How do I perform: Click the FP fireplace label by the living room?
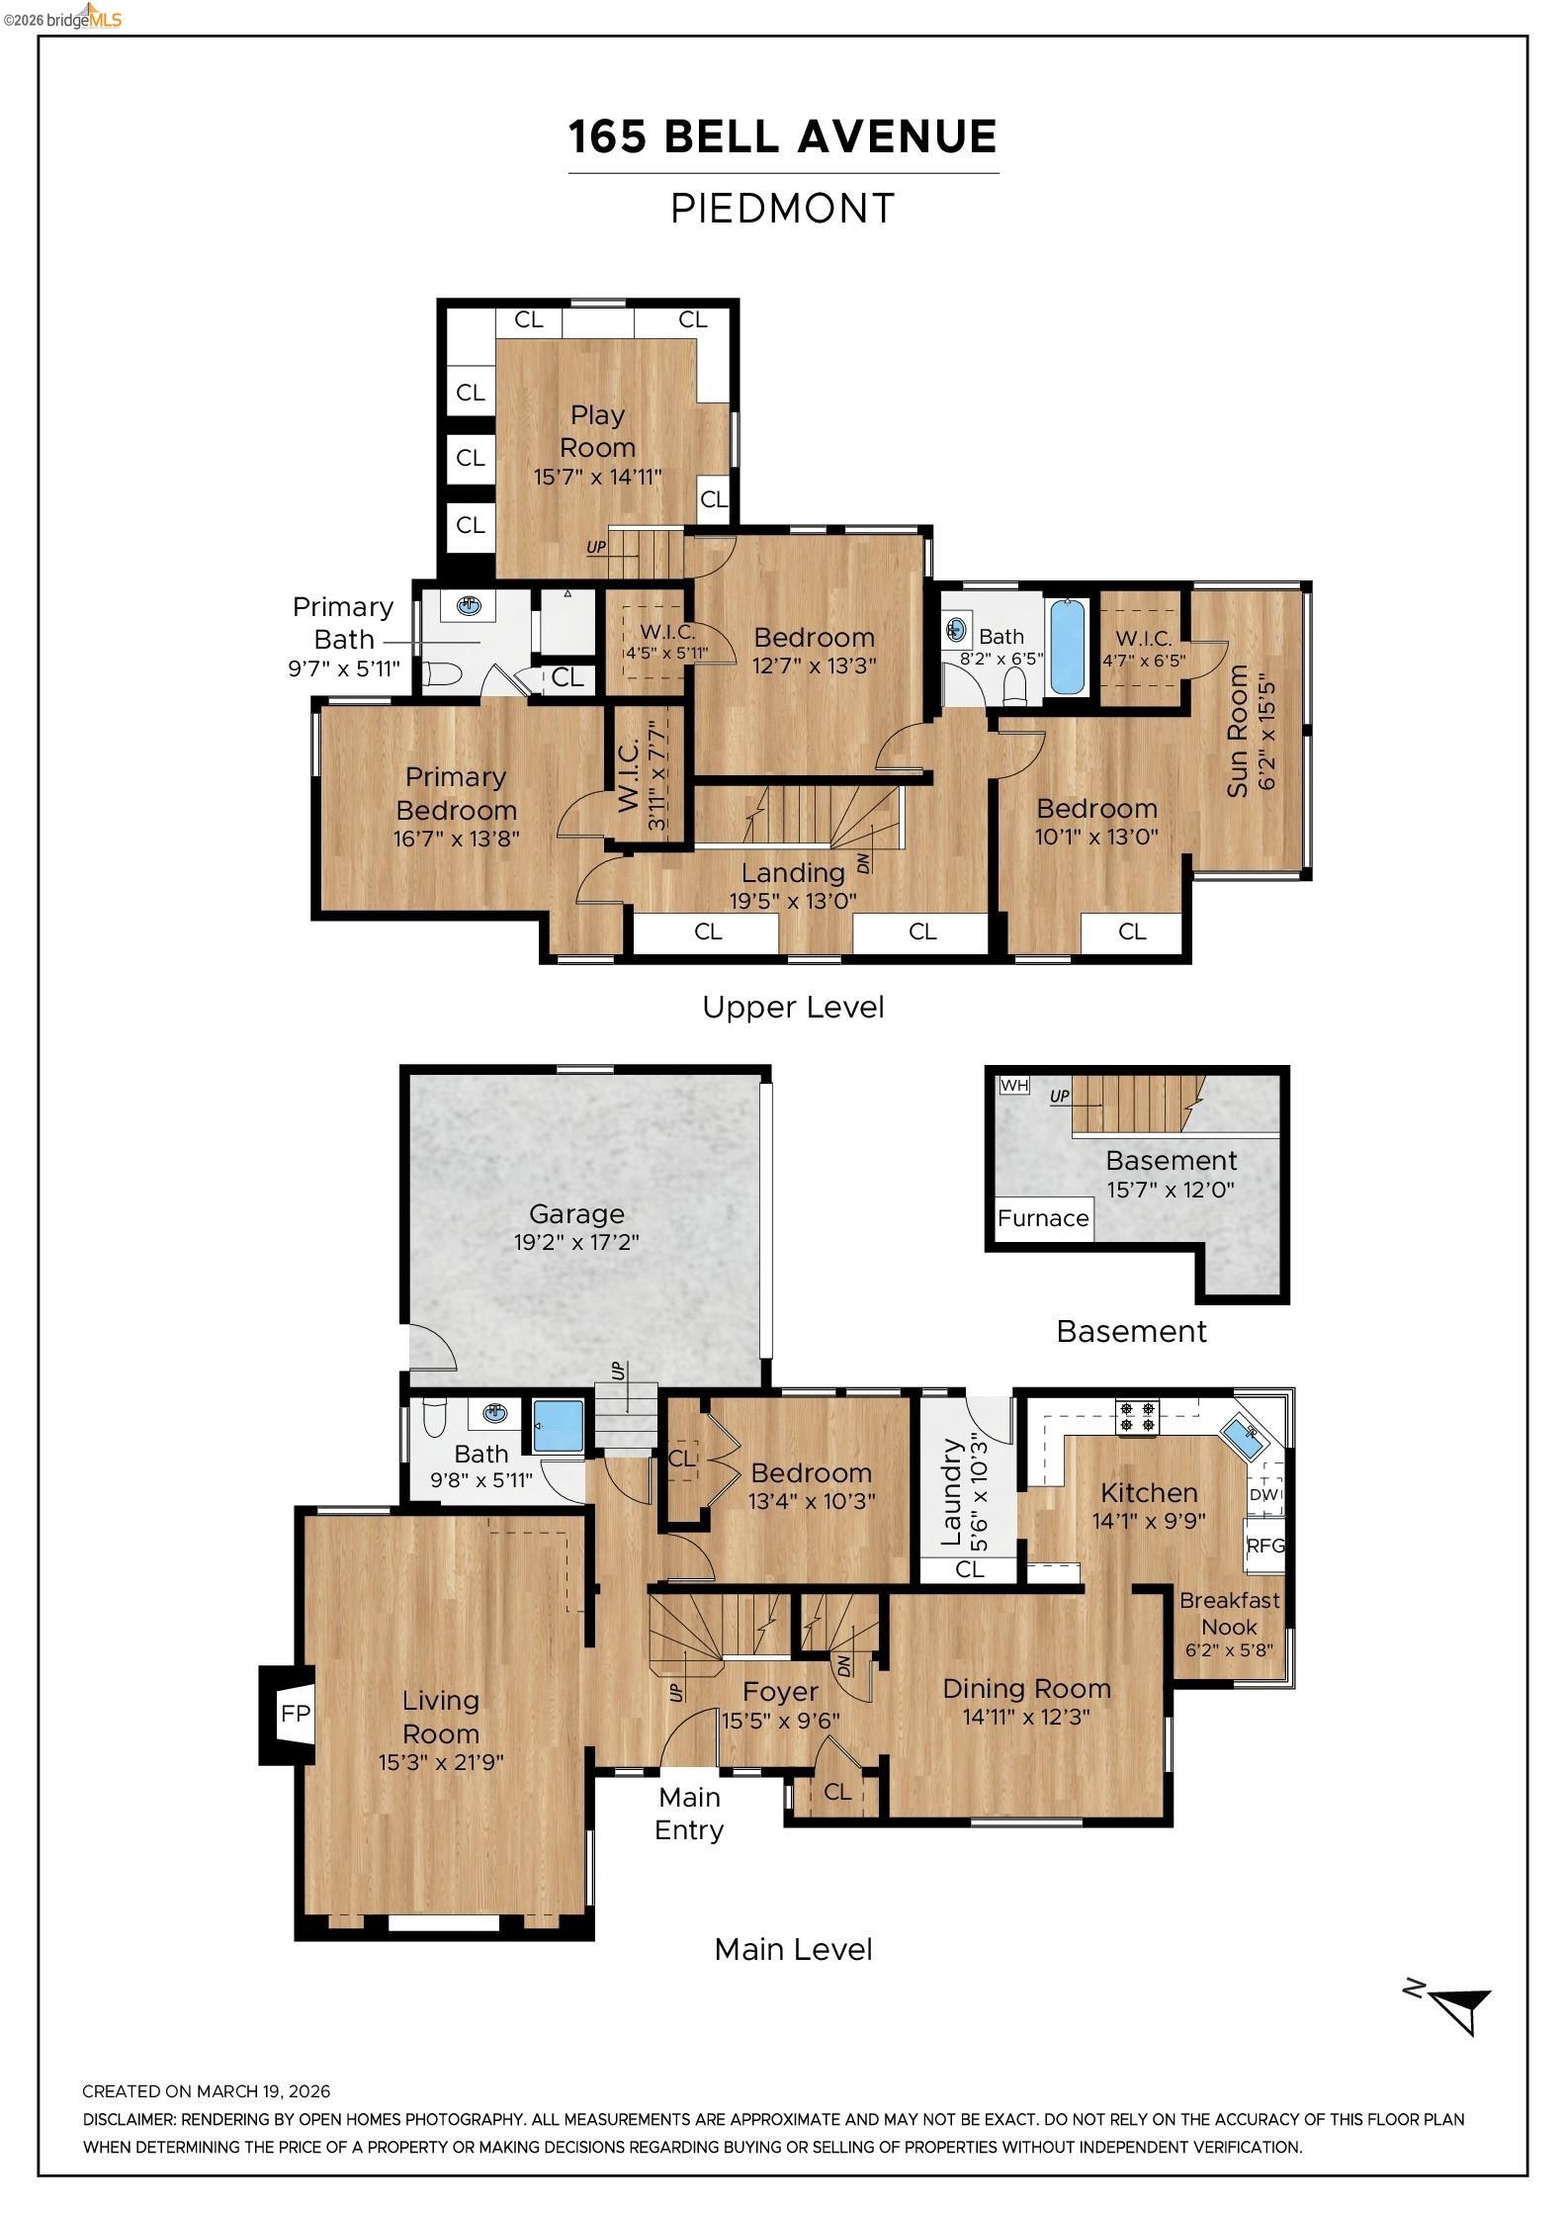295,1714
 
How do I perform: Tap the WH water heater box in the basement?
1014,1085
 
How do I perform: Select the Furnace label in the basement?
1042,1218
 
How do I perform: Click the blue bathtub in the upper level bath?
1067,647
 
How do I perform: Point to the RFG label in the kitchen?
1264,1545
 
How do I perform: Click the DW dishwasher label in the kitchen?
1263,1494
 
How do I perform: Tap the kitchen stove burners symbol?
1137,1416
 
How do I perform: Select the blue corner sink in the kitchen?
1242,1435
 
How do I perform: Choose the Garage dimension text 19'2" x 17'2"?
576,1242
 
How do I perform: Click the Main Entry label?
689,1814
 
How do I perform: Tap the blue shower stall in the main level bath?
558,1426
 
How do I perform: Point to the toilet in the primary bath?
443,674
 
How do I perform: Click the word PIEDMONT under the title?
782,209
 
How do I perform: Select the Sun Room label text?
1238,731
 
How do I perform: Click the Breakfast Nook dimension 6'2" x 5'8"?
1229,1649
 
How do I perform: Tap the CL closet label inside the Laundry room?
969,1569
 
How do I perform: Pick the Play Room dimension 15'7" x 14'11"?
597,477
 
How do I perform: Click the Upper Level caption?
793,1008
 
